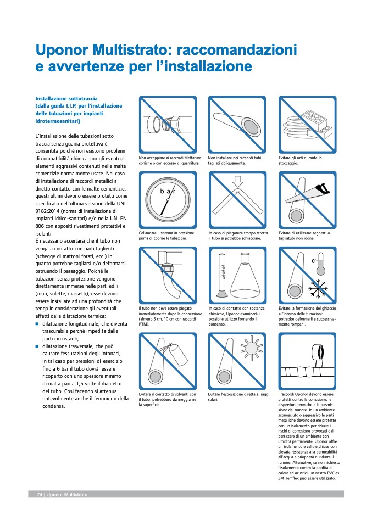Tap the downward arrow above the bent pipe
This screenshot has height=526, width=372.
pos(237,181)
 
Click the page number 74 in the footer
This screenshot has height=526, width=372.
pos(40,495)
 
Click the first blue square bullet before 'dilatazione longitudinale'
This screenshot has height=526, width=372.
pos(37,324)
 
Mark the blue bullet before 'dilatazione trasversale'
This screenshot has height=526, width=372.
pos(37,347)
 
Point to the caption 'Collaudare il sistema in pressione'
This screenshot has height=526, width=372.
pos(166,233)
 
